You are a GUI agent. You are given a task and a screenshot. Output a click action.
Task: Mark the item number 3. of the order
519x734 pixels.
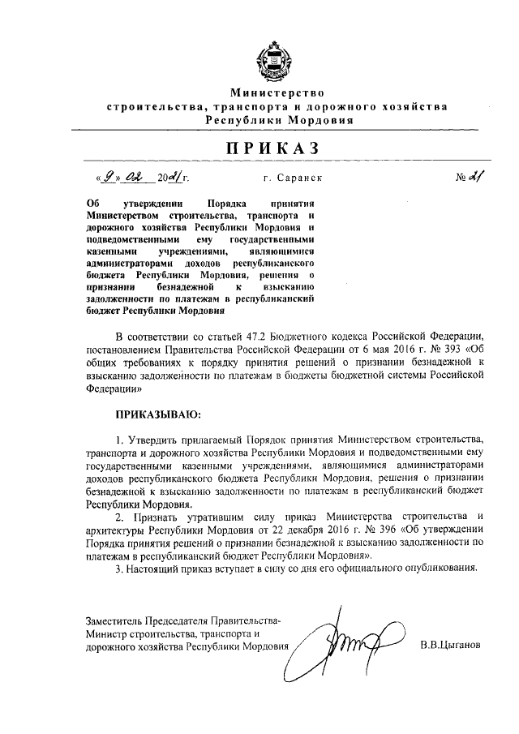(119, 568)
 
